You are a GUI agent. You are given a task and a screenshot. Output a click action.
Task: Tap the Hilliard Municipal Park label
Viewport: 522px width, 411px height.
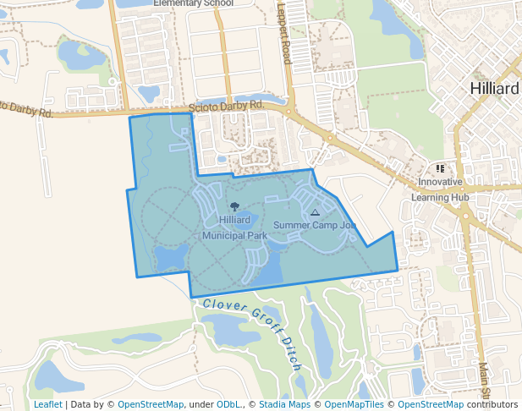coord(234,227)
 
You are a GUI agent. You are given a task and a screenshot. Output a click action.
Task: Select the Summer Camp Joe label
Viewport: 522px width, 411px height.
coord(314,225)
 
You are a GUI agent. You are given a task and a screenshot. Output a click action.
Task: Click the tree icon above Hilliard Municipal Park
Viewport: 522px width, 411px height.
coord(234,206)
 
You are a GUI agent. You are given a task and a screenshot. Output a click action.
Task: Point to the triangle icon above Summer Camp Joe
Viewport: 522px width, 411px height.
coord(315,213)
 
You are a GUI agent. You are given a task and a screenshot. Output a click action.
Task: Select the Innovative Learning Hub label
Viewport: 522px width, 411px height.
coord(440,189)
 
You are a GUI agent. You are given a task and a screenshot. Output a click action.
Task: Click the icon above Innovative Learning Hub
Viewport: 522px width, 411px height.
coord(440,169)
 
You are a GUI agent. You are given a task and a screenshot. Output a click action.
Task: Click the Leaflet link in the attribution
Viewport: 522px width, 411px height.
coord(47,404)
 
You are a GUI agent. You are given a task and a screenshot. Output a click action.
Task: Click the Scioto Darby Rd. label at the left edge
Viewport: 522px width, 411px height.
coord(27,109)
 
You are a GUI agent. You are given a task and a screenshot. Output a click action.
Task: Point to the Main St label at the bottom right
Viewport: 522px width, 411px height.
coord(485,382)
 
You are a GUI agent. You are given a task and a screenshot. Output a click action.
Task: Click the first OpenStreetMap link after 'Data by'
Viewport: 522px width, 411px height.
coord(151,404)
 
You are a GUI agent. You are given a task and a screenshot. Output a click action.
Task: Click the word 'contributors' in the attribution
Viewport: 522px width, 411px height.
coord(492,404)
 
